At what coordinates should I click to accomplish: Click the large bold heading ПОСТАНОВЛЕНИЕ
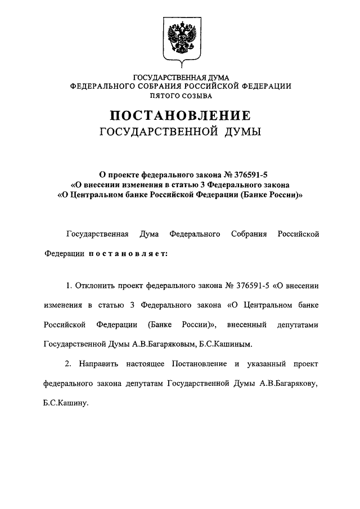[180, 116]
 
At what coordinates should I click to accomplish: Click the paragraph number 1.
[68, 286]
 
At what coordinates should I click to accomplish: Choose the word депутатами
[298, 325]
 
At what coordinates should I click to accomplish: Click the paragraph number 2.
[68, 364]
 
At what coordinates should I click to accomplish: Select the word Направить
[100, 364]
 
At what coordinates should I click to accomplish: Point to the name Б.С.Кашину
[66, 403]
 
